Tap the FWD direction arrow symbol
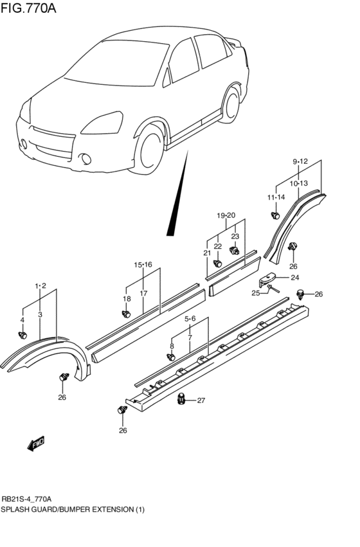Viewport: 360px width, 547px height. click(x=36, y=444)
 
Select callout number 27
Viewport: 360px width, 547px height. click(x=201, y=401)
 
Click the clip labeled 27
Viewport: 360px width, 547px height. click(x=181, y=400)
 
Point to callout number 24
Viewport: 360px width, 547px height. click(x=295, y=278)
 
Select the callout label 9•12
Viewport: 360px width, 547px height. click(x=300, y=161)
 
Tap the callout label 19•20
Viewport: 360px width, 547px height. click(x=226, y=215)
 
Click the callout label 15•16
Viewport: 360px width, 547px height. click(x=143, y=264)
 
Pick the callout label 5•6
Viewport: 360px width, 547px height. click(x=190, y=318)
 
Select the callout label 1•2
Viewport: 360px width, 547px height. click(x=40, y=285)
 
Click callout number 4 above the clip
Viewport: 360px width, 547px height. click(x=22, y=319)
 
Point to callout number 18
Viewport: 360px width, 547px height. click(x=127, y=299)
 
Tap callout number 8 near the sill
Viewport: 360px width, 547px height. click(x=172, y=346)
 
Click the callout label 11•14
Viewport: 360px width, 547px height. click(x=276, y=197)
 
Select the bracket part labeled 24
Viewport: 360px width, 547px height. click(x=267, y=280)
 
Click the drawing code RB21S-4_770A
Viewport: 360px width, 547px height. click(x=26, y=499)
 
